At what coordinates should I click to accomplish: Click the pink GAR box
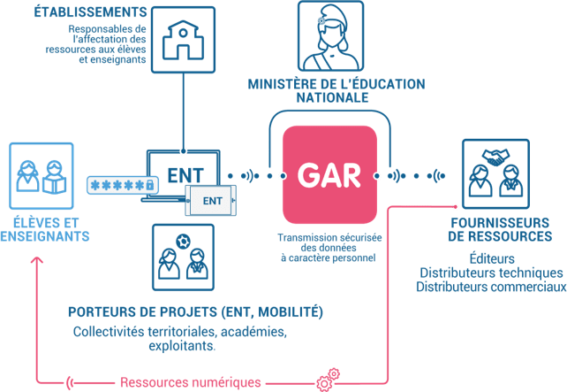329,173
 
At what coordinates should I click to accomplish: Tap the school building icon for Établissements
182,39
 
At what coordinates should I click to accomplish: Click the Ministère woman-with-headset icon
330,37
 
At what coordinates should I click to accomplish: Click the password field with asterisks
122,185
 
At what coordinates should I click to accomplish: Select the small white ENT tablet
212,201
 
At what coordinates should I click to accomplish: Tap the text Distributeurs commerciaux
490,286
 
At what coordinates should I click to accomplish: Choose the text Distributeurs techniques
490,272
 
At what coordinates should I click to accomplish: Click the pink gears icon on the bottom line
328,379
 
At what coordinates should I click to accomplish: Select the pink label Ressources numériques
190,383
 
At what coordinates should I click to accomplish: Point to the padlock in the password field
151,185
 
